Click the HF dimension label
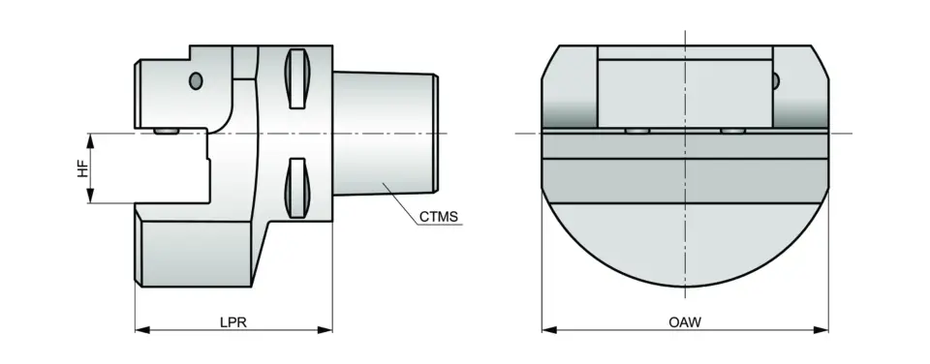[x=82, y=169]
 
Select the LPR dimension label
[x=233, y=322]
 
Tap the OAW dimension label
[x=685, y=322]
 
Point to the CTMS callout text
[x=439, y=217]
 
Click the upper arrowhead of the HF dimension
[x=90, y=140]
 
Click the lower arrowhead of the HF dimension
[x=90, y=197]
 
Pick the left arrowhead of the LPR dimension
[x=142, y=329]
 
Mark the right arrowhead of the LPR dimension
[x=325, y=329]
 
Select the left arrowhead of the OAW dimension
[x=549, y=329]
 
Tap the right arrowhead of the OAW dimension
[x=821, y=329]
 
